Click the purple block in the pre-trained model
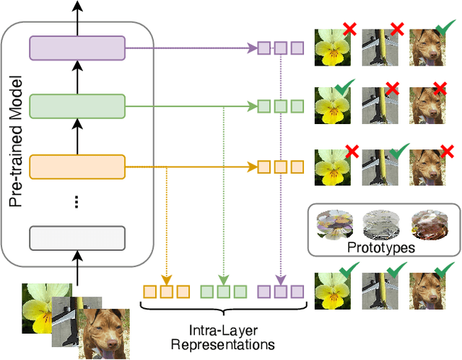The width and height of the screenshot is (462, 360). (x=77, y=48)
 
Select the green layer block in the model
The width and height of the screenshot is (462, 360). (x=77, y=107)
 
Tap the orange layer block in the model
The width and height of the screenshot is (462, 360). (x=77, y=167)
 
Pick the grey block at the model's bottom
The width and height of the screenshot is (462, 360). (x=77, y=237)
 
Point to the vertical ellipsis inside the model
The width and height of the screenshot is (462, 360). (x=77, y=202)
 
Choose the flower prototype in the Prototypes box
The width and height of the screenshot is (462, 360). (x=333, y=224)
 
